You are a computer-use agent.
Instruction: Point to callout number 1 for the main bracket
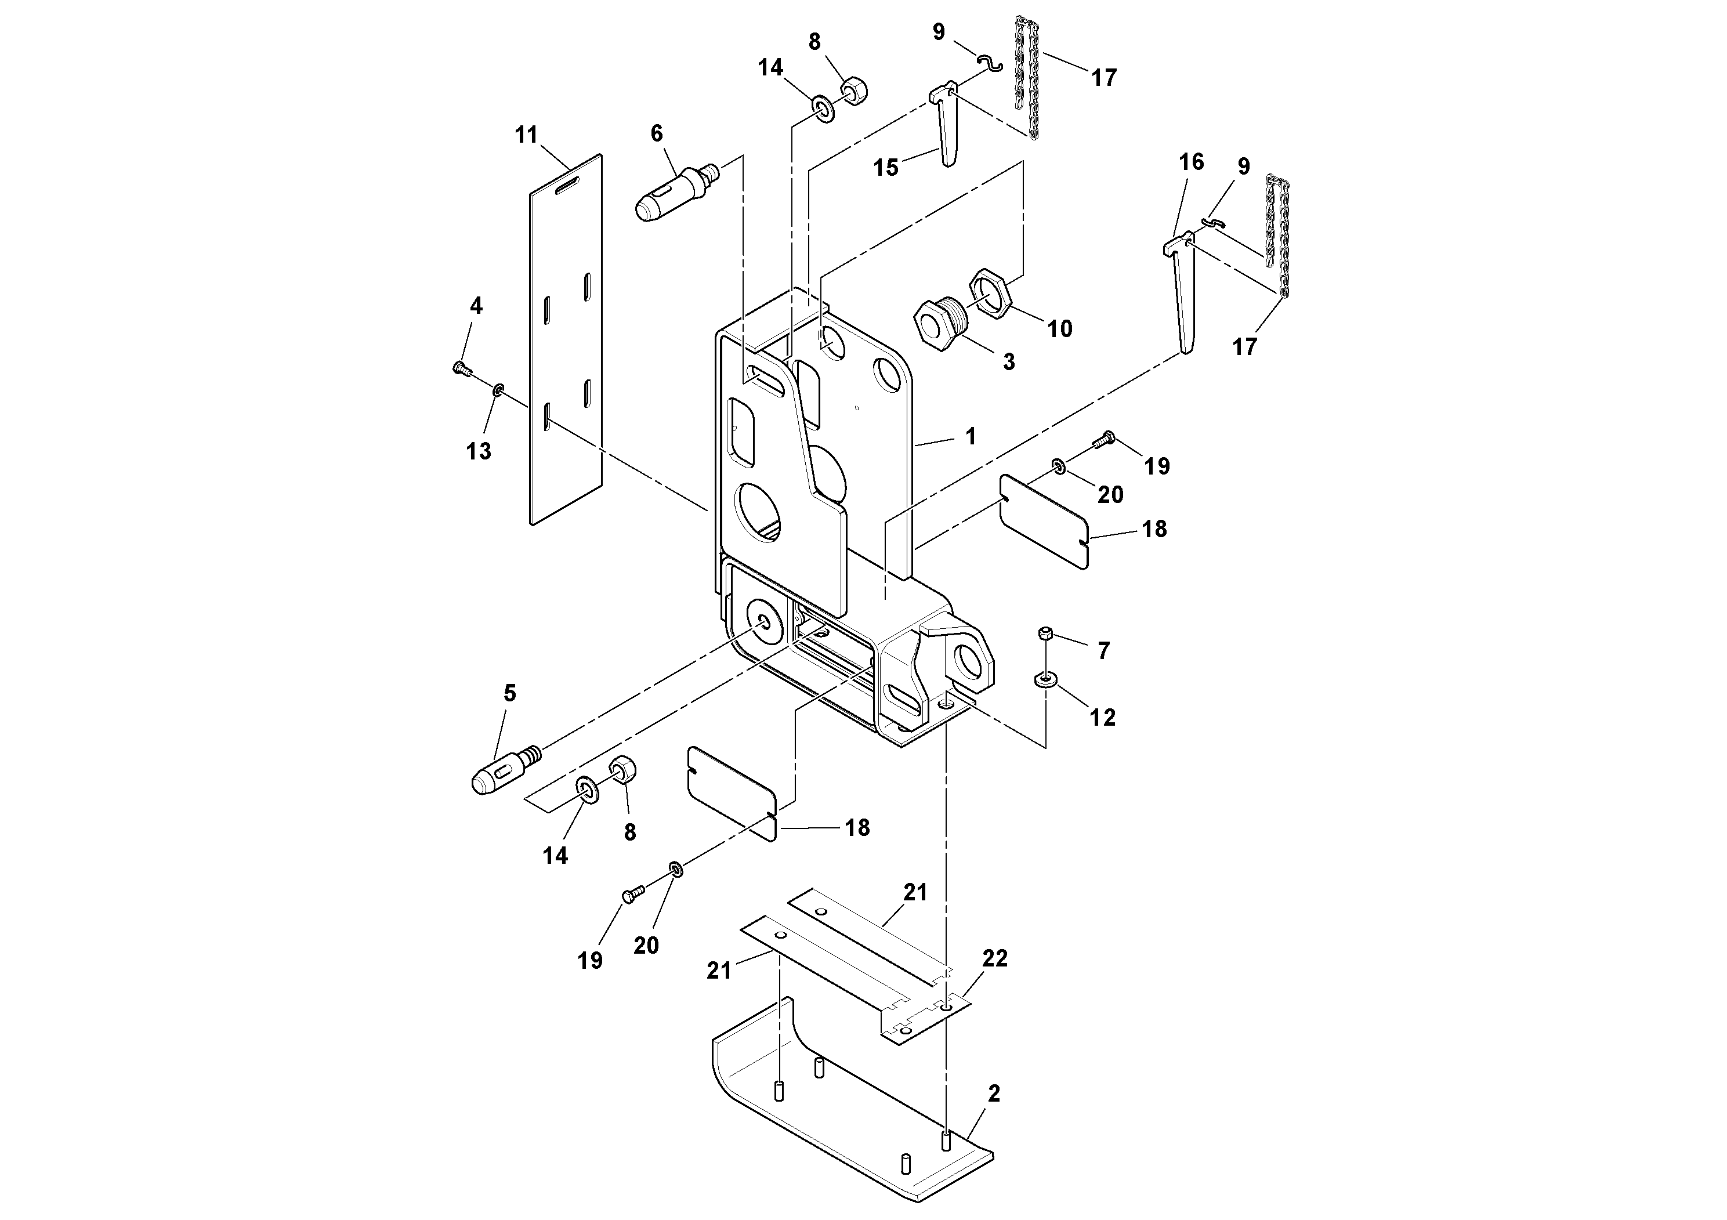[971, 436]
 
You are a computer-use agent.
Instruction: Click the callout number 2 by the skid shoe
[994, 1094]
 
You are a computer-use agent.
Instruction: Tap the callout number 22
[994, 958]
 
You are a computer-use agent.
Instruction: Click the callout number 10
[1059, 329]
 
